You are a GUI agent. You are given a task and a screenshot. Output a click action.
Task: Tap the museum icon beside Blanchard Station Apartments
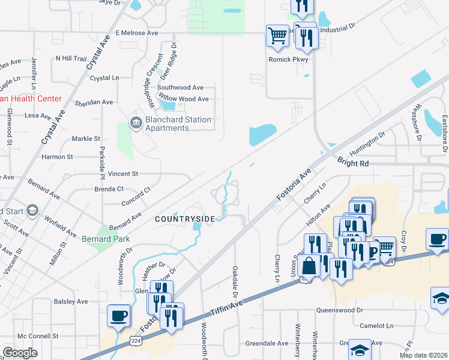[136, 124]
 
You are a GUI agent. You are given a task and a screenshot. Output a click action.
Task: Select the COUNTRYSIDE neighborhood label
[184, 219]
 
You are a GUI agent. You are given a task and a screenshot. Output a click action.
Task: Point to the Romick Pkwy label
[288, 59]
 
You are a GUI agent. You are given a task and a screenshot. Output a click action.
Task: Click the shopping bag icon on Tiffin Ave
[309, 265]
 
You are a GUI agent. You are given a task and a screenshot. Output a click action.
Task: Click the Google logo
[20, 353]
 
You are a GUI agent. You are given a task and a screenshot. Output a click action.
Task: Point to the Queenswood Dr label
[340, 310]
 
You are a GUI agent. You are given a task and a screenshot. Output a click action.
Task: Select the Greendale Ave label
[267, 343]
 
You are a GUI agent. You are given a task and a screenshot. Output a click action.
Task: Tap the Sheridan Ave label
[94, 103]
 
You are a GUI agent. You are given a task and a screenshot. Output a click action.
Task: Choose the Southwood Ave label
[180, 87]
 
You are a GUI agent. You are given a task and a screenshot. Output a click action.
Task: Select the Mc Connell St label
[38, 336]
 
